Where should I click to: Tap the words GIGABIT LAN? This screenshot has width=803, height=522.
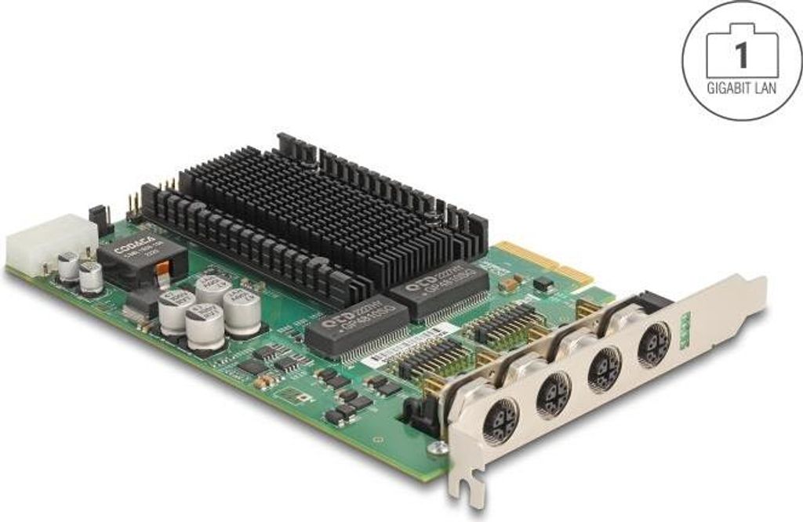tap(742, 88)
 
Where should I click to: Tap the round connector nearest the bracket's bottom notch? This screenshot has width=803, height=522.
tap(500, 423)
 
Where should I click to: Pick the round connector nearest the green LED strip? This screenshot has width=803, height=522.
tap(653, 343)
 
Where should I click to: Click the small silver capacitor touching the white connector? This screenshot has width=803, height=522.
tap(69, 266)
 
